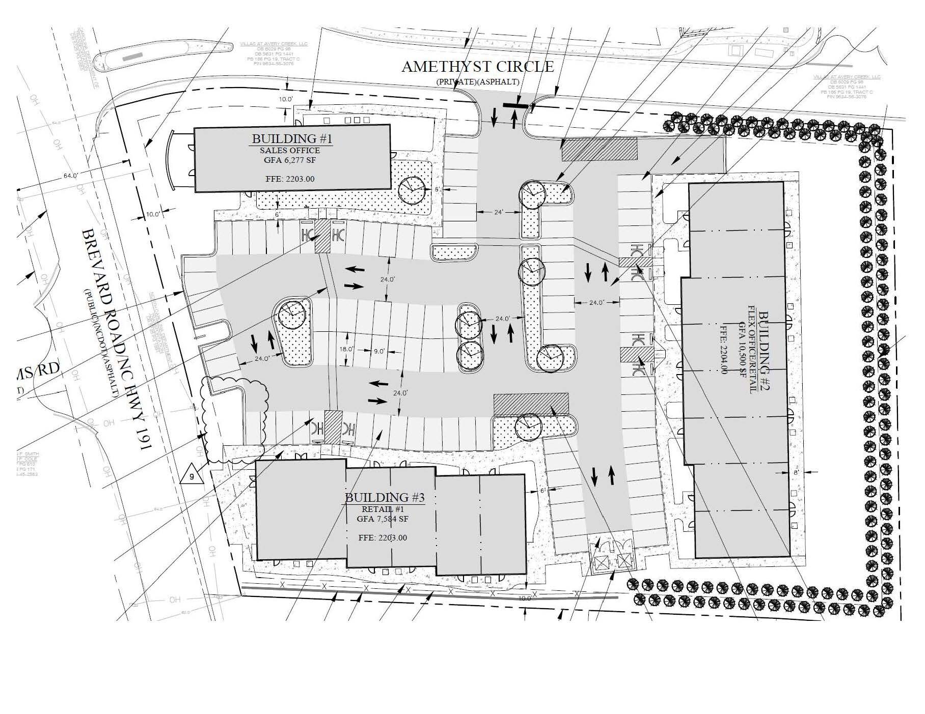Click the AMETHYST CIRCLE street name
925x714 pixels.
pyautogui.click(x=477, y=67)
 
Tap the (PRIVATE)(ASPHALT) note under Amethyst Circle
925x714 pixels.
pyautogui.click(x=477, y=81)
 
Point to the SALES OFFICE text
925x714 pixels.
pyautogui.click(x=290, y=150)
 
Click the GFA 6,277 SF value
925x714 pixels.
pyautogui.click(x=290, y=160)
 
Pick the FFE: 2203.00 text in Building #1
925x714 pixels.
pyautogui.click(x=290, y=179)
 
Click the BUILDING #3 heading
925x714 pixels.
pyautogui.click(x=385, y=497)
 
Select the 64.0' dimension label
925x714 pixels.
pyautogui.click(x=70, y=176)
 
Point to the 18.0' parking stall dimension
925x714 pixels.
pyautogui.click(x=346, y=349)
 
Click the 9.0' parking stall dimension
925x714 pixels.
pyautogui.click(x=379, y=351)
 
